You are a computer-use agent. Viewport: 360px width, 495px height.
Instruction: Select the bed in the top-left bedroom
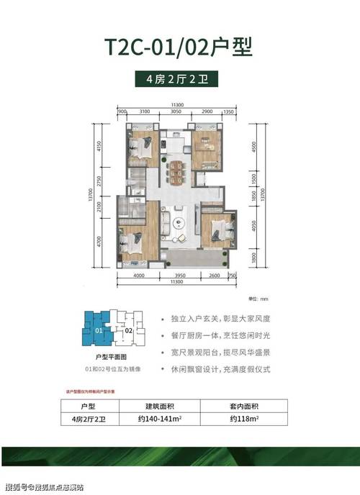[x=139, y=150]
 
